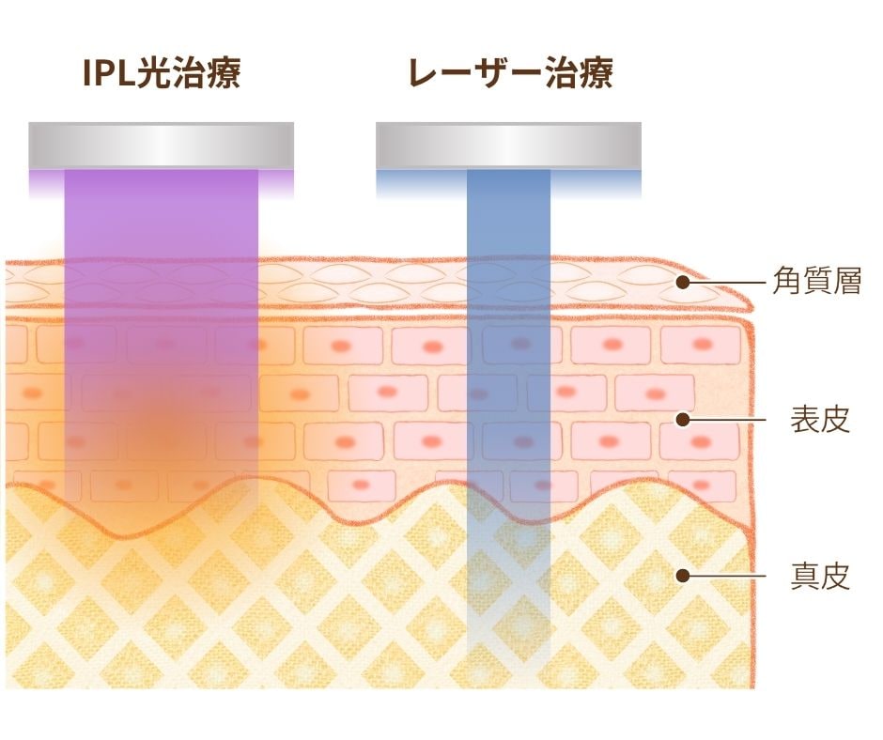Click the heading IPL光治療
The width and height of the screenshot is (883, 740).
[162, 73]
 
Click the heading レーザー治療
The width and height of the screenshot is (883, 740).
[511, 73]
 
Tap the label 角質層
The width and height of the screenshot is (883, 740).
[817, 281]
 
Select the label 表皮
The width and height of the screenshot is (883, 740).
[820, 420]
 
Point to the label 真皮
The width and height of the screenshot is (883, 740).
[820, 576]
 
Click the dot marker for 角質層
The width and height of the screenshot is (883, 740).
[683, 282]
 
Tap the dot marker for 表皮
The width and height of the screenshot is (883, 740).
[683, 420]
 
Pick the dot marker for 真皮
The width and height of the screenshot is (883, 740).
[683, 576]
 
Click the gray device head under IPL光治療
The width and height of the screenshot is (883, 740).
[161, 146]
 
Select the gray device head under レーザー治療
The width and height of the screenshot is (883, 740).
[508, 146]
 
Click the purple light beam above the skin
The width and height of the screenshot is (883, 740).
[162, 214]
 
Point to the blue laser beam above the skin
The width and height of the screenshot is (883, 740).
[508, 214]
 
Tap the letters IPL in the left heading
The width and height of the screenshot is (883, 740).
[109, 73]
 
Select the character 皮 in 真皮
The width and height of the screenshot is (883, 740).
[835, 576]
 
